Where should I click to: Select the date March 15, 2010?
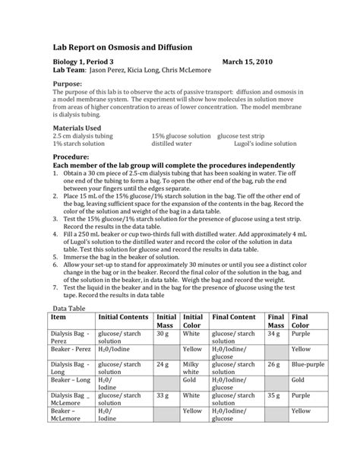pos(246,61)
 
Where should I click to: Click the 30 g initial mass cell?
pos(162,333)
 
